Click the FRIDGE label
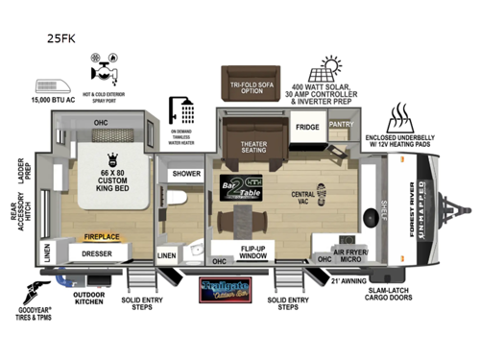(307, 127)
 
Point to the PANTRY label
(341, 124)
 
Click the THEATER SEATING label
(253, 148)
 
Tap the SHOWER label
(186, 174)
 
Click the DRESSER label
(100, 254)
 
